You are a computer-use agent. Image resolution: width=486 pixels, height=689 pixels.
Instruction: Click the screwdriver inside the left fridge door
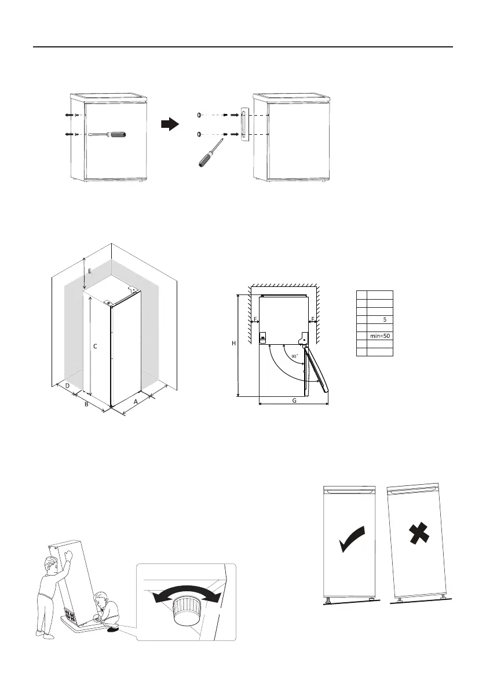click(109, 135)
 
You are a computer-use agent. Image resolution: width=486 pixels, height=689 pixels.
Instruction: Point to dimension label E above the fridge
click(90, 270)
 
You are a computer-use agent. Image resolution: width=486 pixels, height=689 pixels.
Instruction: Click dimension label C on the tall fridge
click(95, 346)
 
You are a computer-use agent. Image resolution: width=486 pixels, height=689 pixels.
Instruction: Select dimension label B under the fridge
click(86, 404)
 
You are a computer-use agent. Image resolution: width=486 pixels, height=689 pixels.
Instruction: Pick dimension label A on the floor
click(136, 400)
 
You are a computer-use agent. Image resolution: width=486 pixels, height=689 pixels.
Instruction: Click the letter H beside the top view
click(233, 343)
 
